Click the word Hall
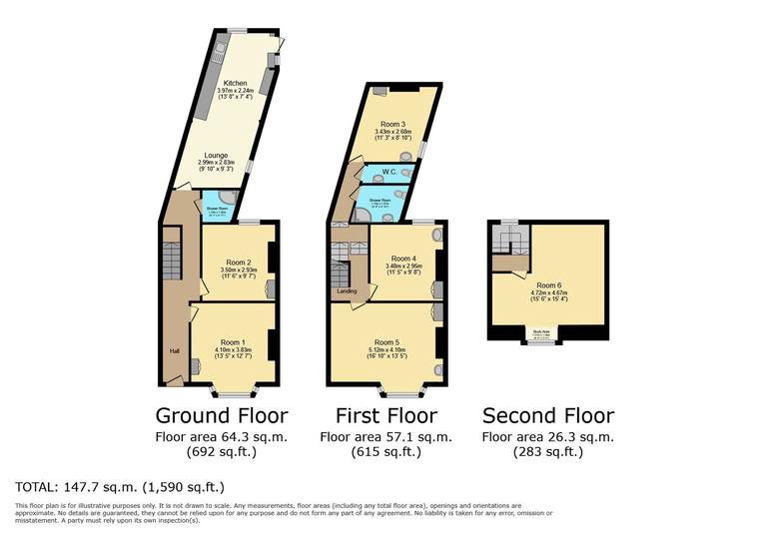[x=173, y=350]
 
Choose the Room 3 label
[x=388, y=124]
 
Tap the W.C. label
[x=388, y=171]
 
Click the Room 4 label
[x=402, y=258]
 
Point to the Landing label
[x=348, y=291]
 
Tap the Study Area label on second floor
[x=541, y=333]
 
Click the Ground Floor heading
[x=222, y=415]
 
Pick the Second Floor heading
[x=548, y=415]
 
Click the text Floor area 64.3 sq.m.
[x=222, y=436]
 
